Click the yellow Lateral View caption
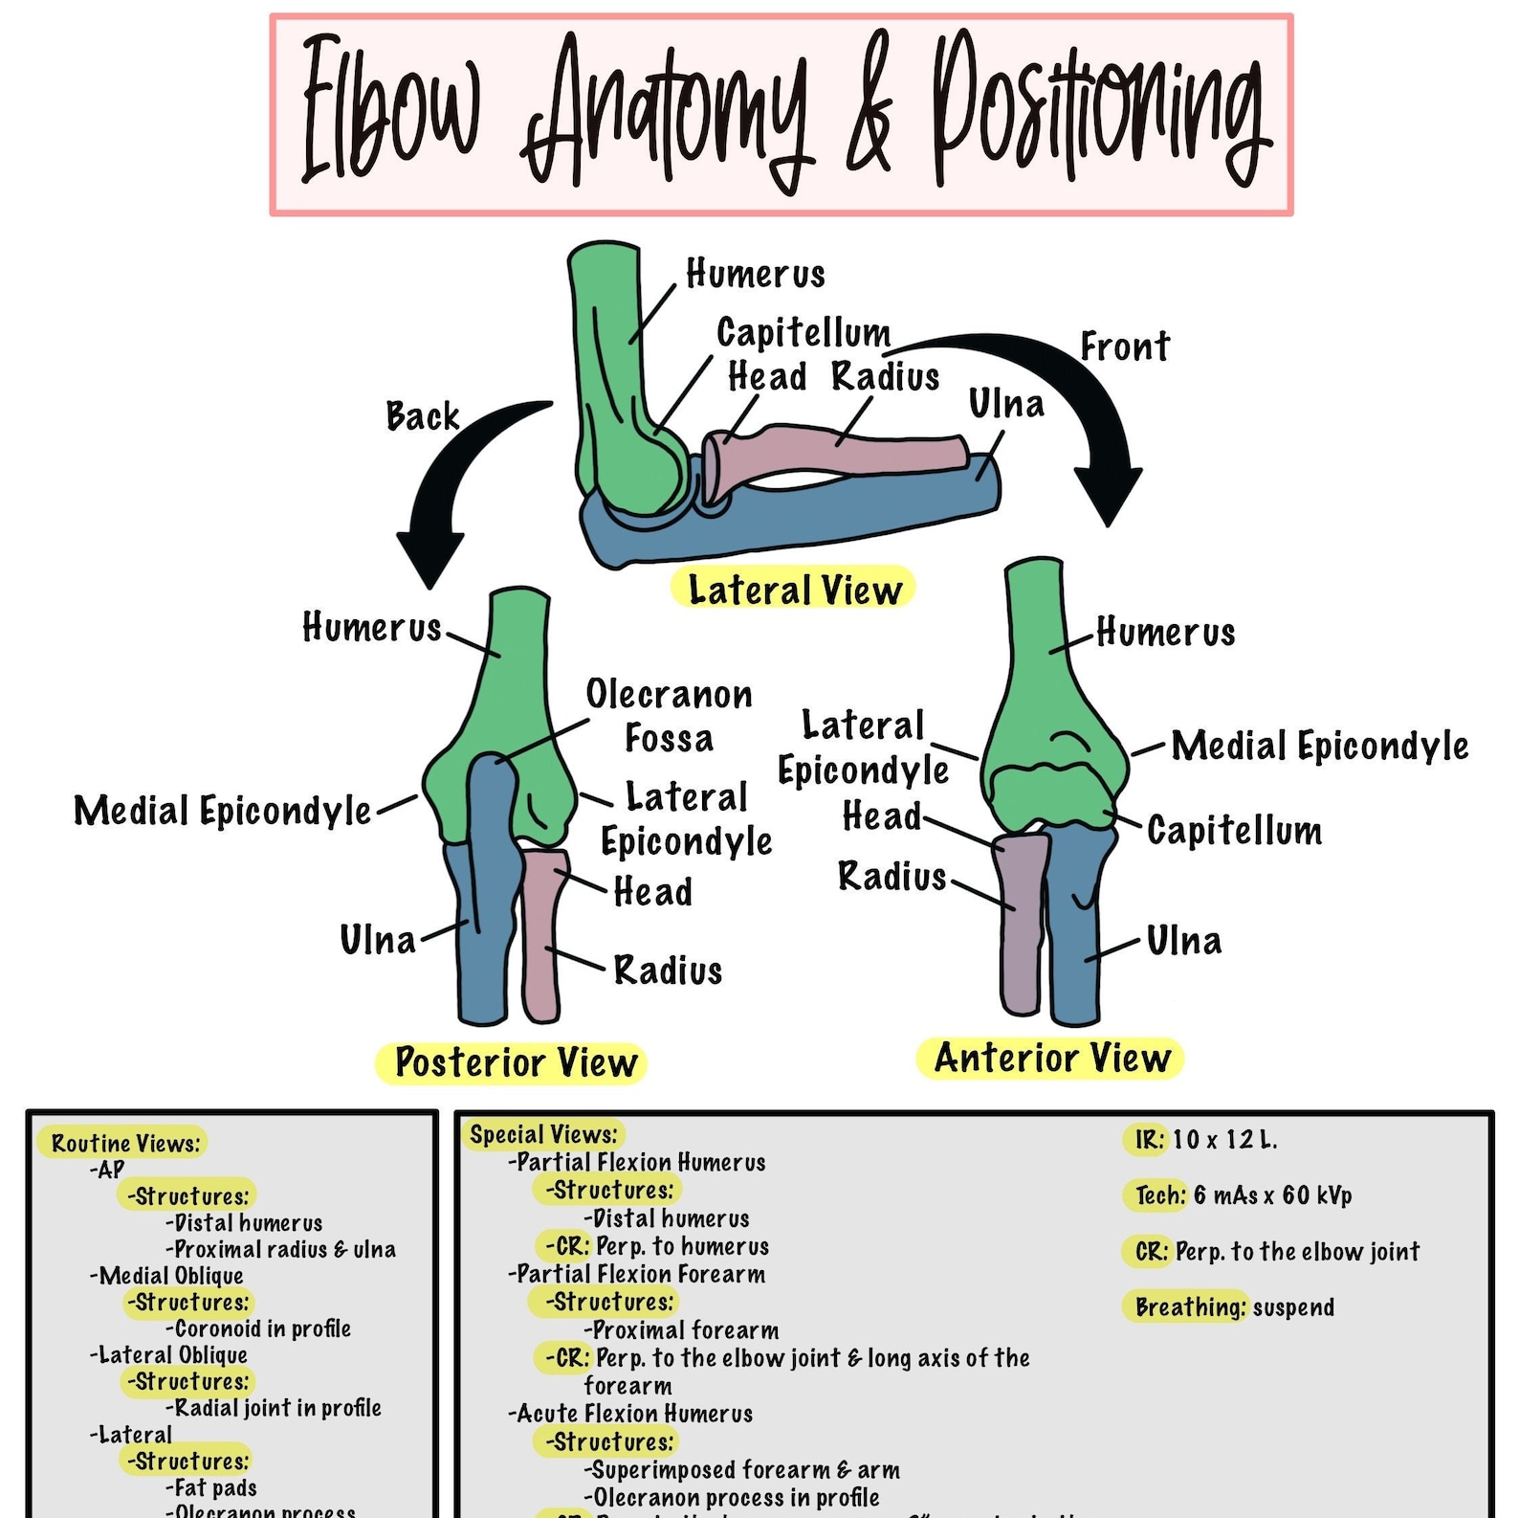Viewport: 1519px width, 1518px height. (x=793, y=589)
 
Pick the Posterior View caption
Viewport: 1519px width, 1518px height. (x=514, y=1062)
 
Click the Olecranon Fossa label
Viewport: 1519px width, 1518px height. (x=669, y=716)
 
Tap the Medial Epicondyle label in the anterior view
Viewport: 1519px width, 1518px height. (x=1319, y=746)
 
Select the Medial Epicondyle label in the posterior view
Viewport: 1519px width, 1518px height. (x=222, y=811)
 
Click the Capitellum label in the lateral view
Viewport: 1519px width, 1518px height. (x=803, y=333)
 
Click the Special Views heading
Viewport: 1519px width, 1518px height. (x=542, y=1135)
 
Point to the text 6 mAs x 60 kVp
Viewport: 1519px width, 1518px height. (x=1272, y=1195)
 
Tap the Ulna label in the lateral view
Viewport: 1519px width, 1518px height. (x=1005, y=404)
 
